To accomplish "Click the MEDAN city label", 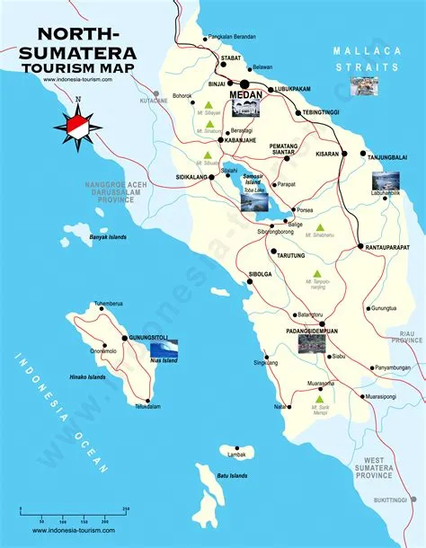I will [245, 93].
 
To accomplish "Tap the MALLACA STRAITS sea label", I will [365, 58].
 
